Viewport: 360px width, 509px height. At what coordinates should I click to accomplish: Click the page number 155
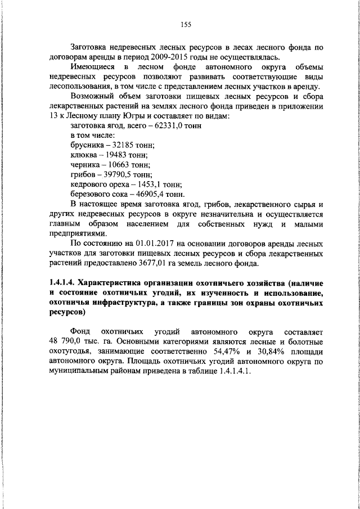[186, 24]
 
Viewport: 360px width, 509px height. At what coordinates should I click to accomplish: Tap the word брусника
[87, 145]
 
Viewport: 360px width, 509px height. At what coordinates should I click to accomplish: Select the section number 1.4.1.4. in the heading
[61, 283]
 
